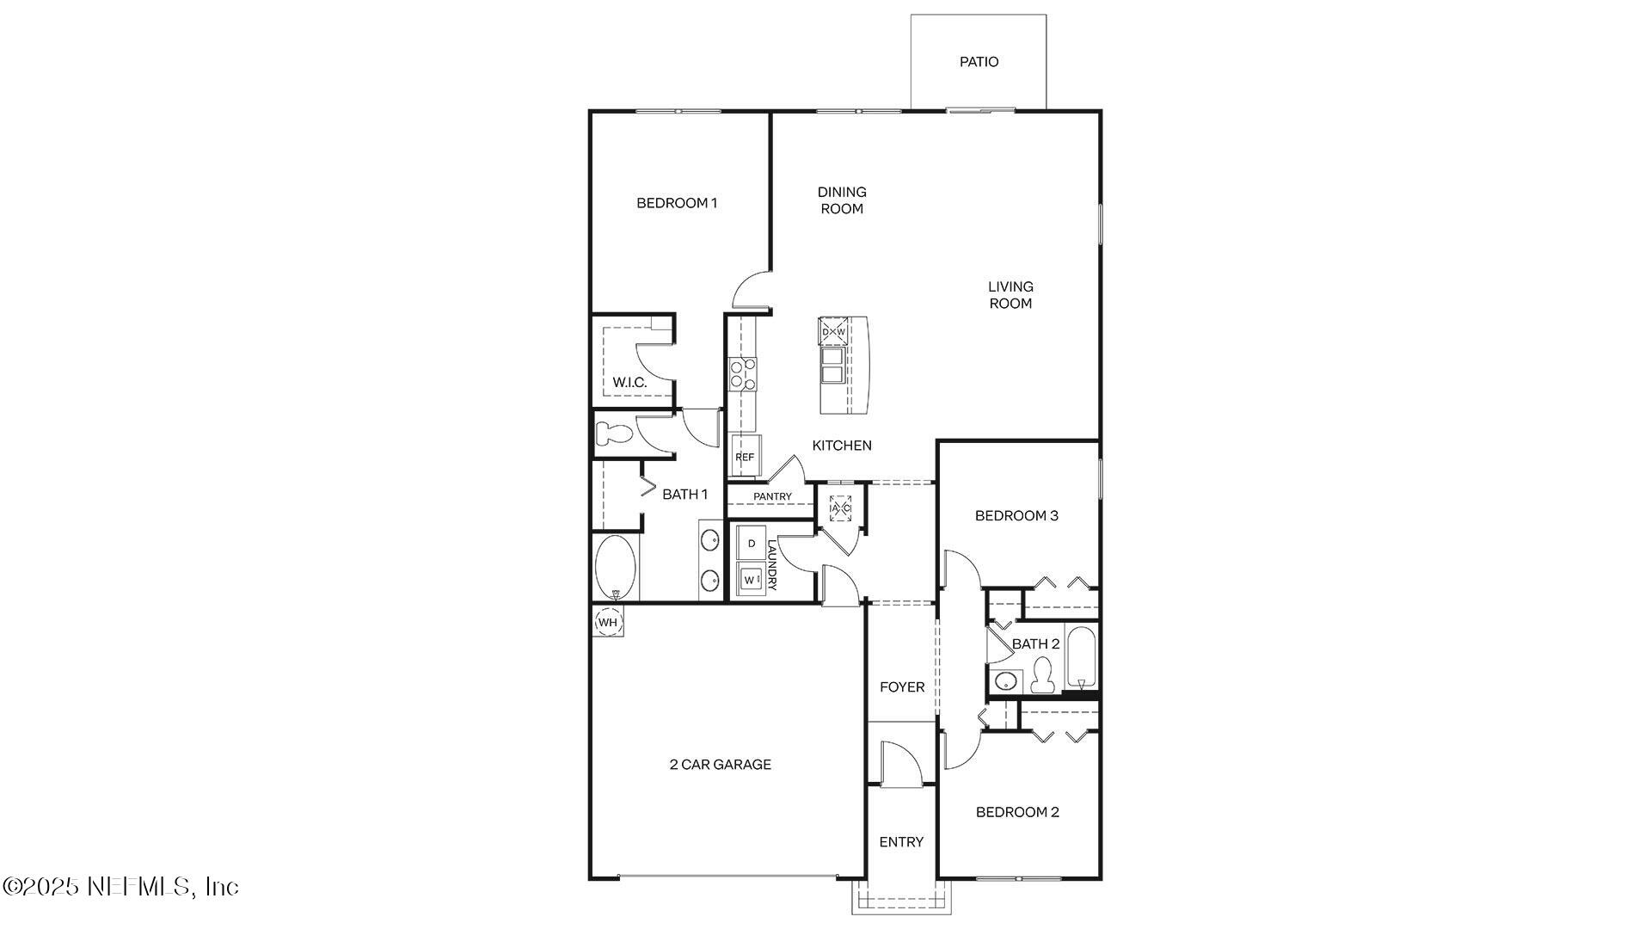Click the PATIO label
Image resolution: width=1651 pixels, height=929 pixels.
pyautogui.click(x=979, y=62)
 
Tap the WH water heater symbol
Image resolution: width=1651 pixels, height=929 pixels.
pyautogui.click(x=608, y=622)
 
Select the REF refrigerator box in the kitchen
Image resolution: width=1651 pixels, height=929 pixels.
pyautogui.click(x=745, y=457)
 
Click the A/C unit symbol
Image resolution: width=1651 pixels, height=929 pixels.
pyautogui.click(x=840, y=508)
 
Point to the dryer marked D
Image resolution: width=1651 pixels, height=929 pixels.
pyautogui.click(x=752, y=544)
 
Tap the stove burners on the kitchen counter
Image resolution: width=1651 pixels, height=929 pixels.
pyautogui.click(x=742, y=374)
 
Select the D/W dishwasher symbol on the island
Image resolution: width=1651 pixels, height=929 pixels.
pyautogui.click(x=833, y=331)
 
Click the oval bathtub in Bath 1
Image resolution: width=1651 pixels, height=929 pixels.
pyautogui.click(x=616, y=568)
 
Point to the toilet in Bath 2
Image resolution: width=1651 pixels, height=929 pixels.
pyautogui.click(x=1042, y=675)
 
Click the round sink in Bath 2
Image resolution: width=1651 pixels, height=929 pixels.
pyautogui.click(x=1004, y=682)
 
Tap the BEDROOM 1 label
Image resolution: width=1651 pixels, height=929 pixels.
pyautogui.click(x=677, y=203)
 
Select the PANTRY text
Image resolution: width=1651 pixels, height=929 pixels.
pyautogui.click(x=772, y=496)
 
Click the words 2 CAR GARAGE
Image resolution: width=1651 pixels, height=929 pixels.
pyautogui.click(x=721, y=764)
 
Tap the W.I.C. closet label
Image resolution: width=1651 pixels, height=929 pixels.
pyautogui.click(x=629, y=382)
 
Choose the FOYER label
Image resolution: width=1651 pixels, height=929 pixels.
pyautogui.click(x=902, y=686)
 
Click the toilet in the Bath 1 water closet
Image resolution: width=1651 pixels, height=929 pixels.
pyautogui.click(x=613, y=434)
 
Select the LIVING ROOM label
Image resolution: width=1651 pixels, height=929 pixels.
pyautogui.click(x=1010, y=294)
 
